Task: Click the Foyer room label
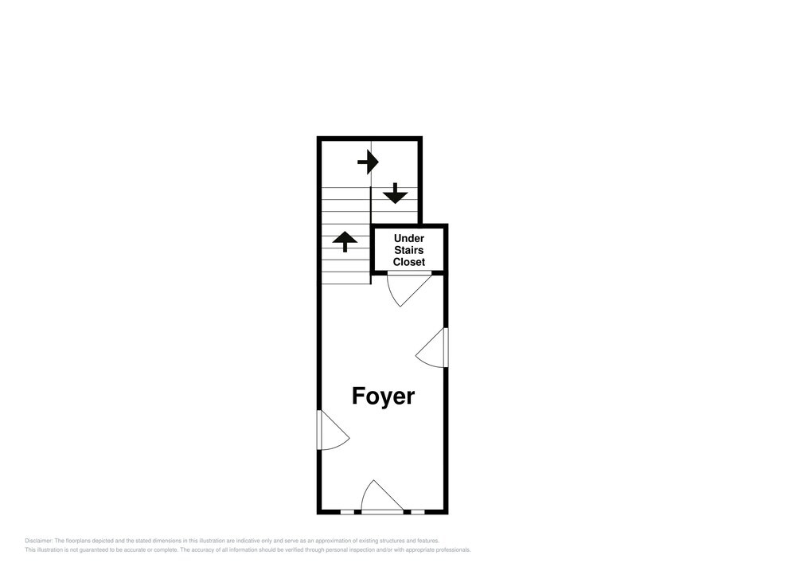tap(384, 397)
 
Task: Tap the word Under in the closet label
tap(409, 238)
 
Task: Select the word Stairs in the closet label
tap(409, 250)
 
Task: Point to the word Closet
tap(409, 263)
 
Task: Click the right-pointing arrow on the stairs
tap(368, 162)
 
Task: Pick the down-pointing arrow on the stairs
tap(395, 194)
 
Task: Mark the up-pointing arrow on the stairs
tap(345, 241)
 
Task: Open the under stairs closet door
tap(409, 289)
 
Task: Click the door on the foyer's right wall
tap(431, 348)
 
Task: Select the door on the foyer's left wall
tap(333, 429)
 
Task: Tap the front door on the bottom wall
tap(382, 497)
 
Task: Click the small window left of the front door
tap(347, 512)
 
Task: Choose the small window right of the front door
tap(418, 512)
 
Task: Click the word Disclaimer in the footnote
tap(38, 541)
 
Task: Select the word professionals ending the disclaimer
tap(454, 549)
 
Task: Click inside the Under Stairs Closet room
tap(409, 250)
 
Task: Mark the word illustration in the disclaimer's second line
tap(49, 549)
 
